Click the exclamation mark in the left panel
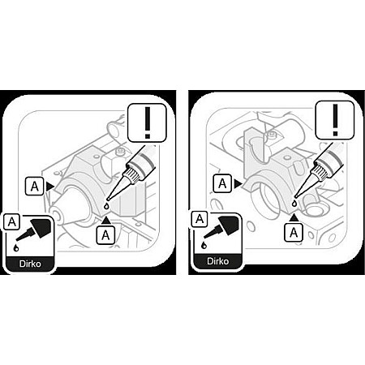(x=148, y=122)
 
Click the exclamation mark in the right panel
(x=335, y=120)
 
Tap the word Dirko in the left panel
(x=30, y=264)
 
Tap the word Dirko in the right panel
(x=218, y=261)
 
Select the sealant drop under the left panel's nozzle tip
(x=107, y=206)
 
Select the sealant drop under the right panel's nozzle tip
(x=294, y=203)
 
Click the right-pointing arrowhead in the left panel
(x=50, y=187)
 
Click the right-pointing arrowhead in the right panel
(x=238, y=184)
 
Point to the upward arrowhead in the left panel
(x=106, y=220)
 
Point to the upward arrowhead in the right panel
(x=294, y=217)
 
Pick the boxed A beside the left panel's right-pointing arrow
(x=34, y=187)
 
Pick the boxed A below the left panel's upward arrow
(x=105, y=235)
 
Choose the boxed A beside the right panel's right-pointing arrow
(x=222, y=184)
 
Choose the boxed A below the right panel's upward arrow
(x=294, y=233)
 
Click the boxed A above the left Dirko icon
(x=11, y=222)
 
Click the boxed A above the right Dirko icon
(x=200, y=219)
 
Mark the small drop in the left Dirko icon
(x=16, y=247)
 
